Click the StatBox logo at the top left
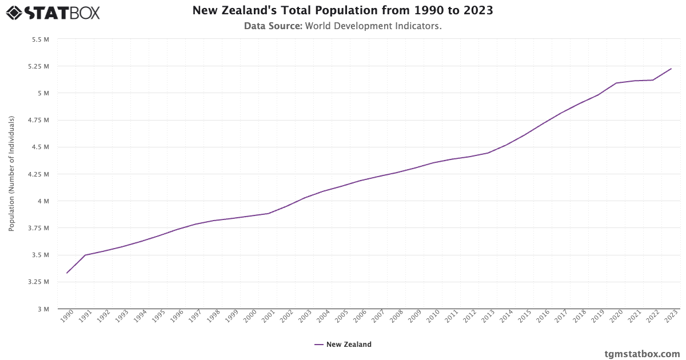[x=53, y=12]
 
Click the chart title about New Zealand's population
[x=342, y=10]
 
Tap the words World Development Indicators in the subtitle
[x=373, y=26]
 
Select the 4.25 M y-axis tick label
[x=39, y=174]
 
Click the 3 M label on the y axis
[x=43, y=309]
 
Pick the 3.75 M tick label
[x=39, y=228]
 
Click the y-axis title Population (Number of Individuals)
[x=11, y=174]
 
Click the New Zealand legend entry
[x=343, y=345]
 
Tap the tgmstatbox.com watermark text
[x=642, y=354]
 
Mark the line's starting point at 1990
[x=67, y=273]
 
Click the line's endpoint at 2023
[x=671, y=69]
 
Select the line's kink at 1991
[x=85, y=255]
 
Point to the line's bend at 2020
[x=616, y=83]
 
